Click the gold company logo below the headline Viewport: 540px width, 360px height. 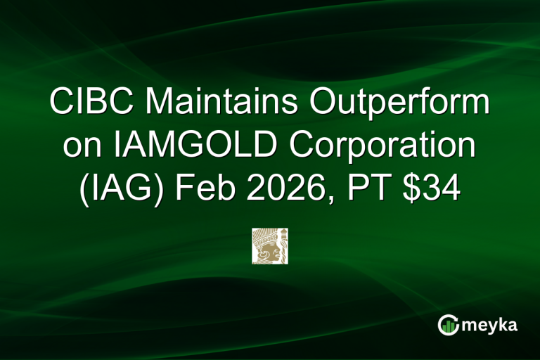270,246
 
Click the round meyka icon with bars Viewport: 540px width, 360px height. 448,324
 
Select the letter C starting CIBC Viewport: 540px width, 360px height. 61,105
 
